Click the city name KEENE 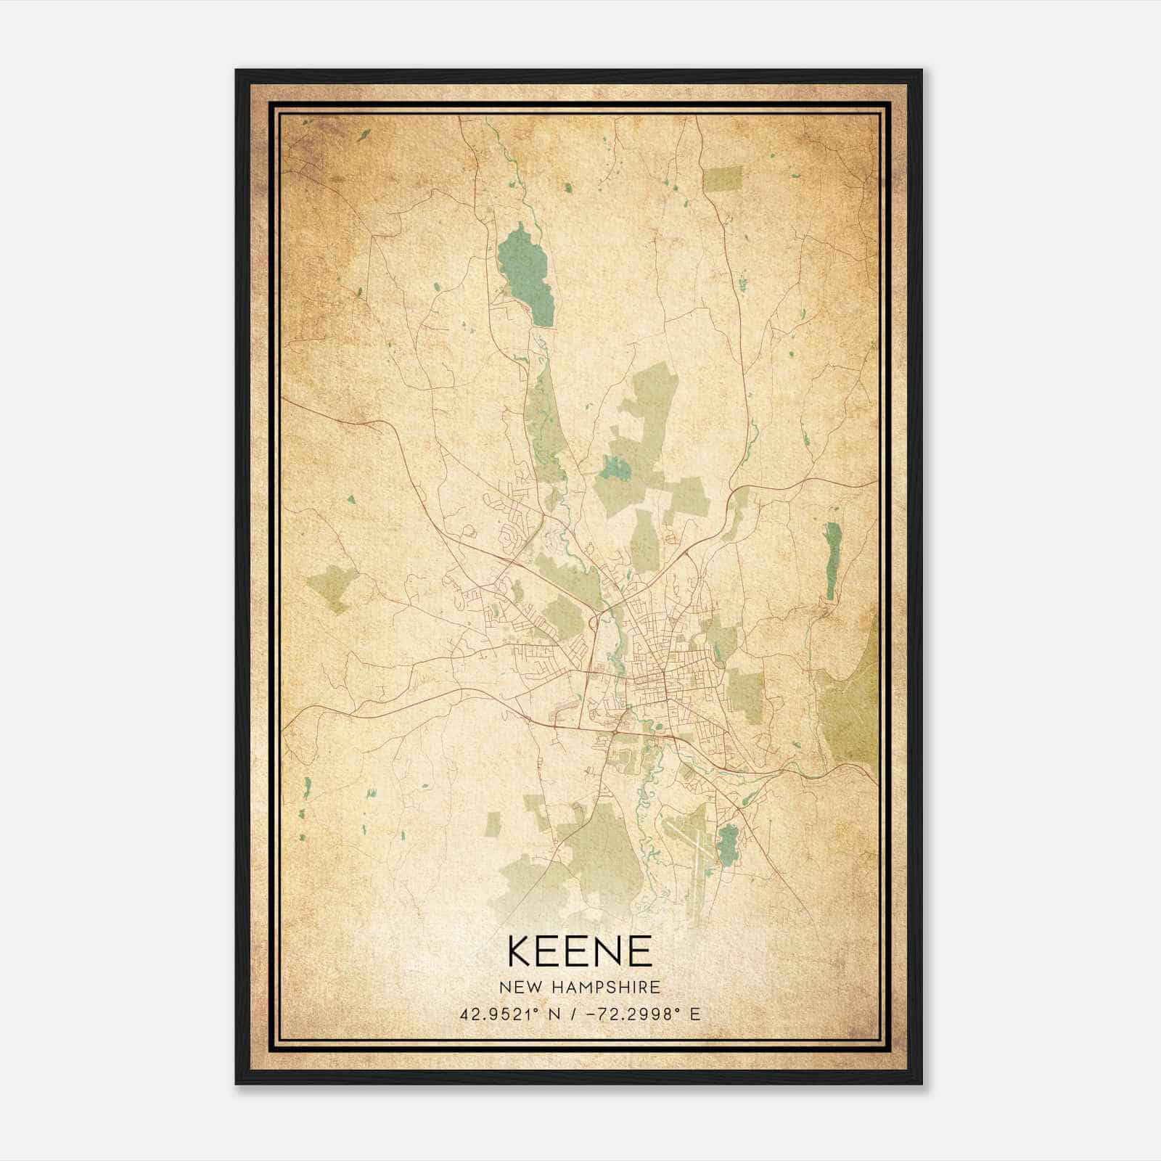pyautogui.click(x=580, y=951)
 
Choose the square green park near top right pyautogui.click(x=723, y=179)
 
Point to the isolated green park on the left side pyautogui.click(x=330, y=588)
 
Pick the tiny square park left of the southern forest pyautogui.click(x=493, y=823)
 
